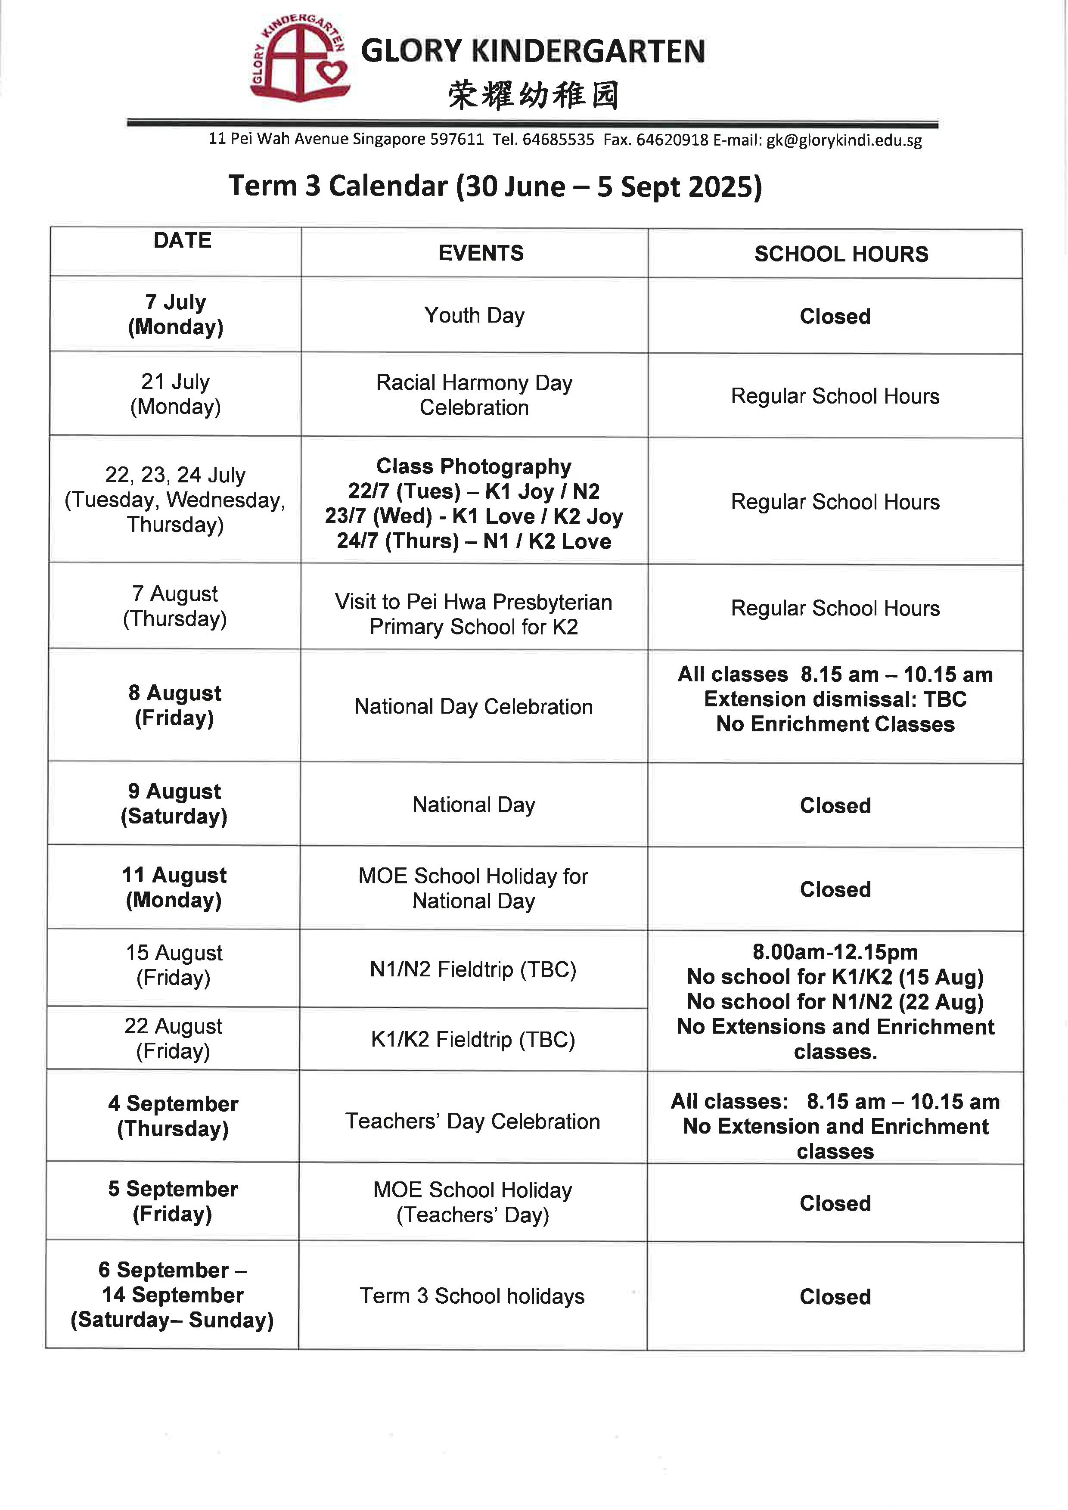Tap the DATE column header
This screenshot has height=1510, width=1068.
182,241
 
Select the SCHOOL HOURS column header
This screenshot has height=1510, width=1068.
841,254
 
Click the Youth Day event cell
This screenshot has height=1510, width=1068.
474,316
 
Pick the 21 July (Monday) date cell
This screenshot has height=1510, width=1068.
176,394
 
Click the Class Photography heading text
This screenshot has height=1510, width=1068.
474,466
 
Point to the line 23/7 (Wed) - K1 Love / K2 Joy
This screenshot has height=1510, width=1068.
474,516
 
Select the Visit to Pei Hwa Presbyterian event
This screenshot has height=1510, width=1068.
474,614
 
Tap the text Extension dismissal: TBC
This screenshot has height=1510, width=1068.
835,699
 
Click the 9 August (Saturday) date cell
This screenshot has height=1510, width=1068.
174,804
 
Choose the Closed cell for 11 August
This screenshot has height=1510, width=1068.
835,889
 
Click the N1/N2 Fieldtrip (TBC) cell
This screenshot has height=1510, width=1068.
473,969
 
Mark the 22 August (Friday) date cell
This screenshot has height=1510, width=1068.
174,1038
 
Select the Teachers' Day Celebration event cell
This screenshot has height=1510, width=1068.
473,1122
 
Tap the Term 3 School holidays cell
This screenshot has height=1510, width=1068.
472,1296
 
